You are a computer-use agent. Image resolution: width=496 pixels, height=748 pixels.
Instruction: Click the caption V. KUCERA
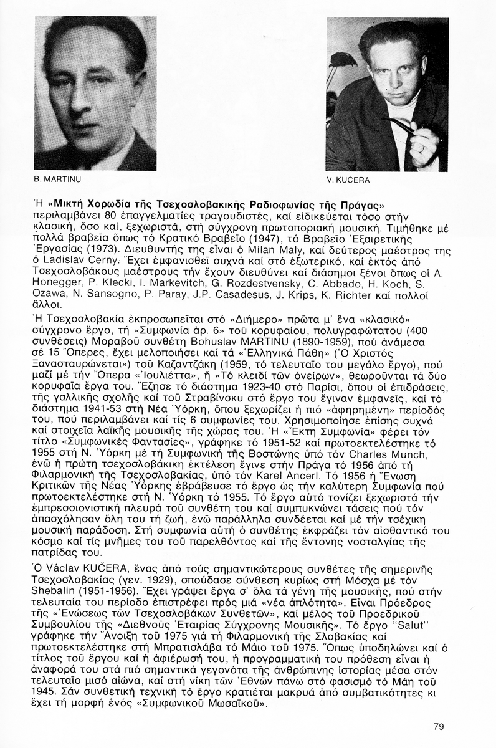point(348,181)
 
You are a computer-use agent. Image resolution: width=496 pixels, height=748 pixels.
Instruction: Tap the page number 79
point(438,726)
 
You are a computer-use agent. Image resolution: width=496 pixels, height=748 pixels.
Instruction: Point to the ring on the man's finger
point(421,148)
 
